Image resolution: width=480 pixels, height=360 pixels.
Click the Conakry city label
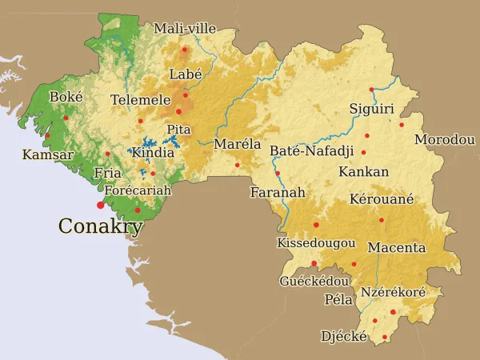click(x=100, y=226)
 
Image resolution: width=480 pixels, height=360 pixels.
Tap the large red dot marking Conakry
click(x=100, y=206)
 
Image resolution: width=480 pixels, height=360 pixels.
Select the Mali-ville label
click(x=185, y=28)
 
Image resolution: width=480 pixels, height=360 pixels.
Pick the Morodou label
click(x=445, y=140)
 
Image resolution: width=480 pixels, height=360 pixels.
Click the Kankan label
click(x=363, y=172)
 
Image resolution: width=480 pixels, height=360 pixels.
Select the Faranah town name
click(x=278, y=193)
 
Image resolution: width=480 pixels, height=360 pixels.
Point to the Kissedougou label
click(x=316, y=242)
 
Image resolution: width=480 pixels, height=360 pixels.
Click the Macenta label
click(x=397, y=247)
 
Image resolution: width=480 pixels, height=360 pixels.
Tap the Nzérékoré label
click(x=393, y=293)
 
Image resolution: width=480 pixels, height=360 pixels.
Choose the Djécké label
click(x=344, y=337)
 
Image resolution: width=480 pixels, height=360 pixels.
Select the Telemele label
click(x=141, y=100)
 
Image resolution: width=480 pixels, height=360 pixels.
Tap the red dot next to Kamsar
click(x=47, y=135)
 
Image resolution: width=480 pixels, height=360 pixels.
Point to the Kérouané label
click(x=382, y=199)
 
